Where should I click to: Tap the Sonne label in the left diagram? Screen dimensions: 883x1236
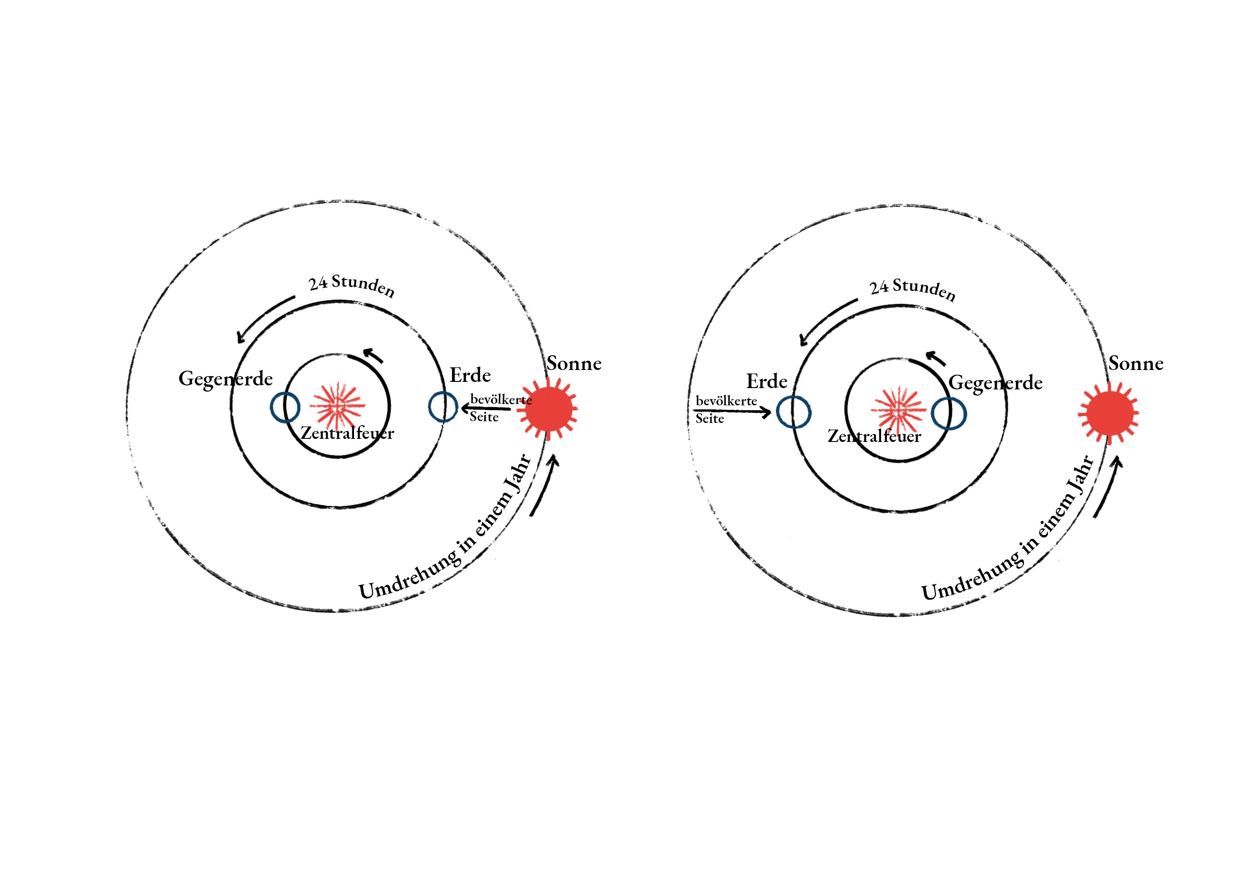(x=574, y=363)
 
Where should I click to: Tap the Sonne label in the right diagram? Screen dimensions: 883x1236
(x=1136, y=363)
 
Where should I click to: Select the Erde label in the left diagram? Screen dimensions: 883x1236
(x=470, y=375)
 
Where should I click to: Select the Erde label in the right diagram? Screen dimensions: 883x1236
(x=766, y=381)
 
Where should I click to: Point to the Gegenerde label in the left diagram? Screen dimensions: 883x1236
(x=226, y=379)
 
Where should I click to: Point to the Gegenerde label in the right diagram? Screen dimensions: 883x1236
(x=995, y=383)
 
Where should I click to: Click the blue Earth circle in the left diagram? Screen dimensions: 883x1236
(x=442, y=407)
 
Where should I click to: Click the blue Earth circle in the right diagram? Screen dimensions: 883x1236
(x=794, y=412)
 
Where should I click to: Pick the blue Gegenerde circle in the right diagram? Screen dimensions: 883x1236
(x=949, y=414)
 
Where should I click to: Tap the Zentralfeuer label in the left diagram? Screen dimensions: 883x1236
(x=347, y=434)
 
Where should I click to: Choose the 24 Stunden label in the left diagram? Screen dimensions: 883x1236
(x=351, y=285)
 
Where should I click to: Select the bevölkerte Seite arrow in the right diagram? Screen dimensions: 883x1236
(x=731, y=411)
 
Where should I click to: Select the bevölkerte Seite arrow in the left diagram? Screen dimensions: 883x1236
(x=486, y=408)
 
